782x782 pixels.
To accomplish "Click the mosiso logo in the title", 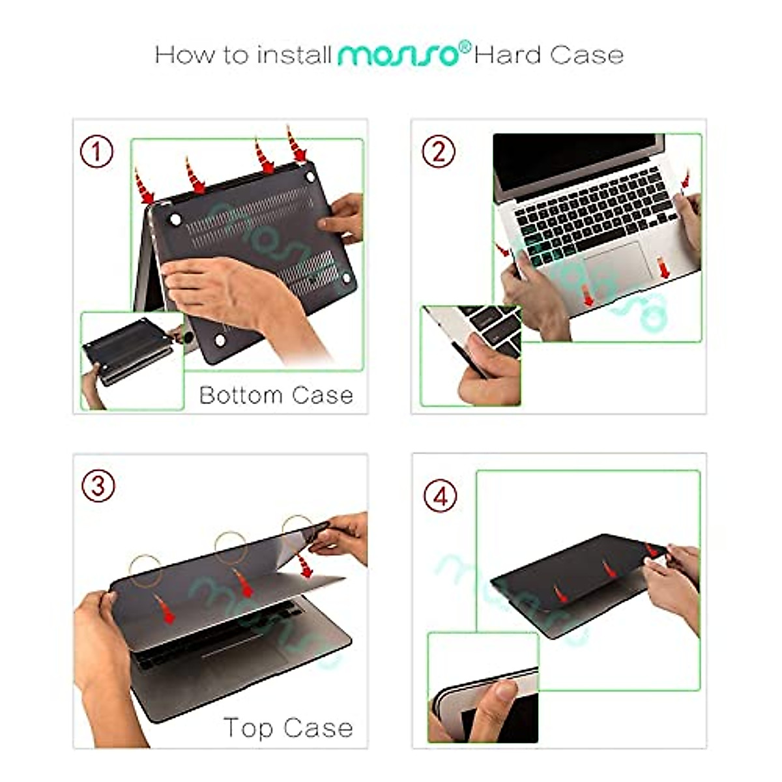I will tap(398, 55).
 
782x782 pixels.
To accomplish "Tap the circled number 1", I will tap(96, 152).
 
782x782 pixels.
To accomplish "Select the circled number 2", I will tap(439, 152).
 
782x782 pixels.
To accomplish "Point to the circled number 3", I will tap(98, 485).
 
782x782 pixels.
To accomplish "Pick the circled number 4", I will tap(441, 497).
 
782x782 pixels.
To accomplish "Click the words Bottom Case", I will tap(276, 395).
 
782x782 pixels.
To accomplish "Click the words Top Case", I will tap(287, 728).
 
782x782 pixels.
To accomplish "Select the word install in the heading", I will tap(294, 55).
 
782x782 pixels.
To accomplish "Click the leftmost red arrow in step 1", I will tap(144, 186).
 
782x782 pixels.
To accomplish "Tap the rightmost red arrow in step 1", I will tap(296, 145).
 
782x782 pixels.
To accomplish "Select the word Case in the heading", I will tap(586, 55).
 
